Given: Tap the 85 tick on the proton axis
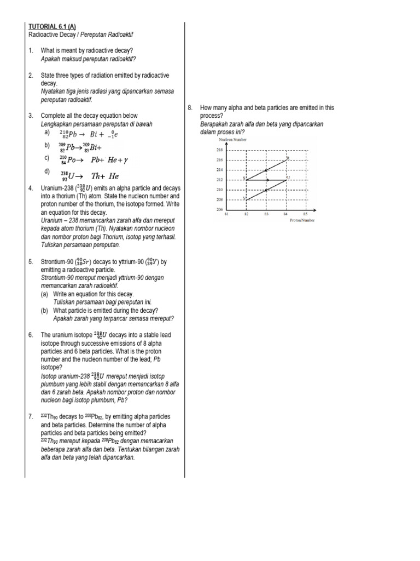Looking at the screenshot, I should coord(305,214).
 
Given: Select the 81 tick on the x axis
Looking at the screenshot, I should coord(226,214).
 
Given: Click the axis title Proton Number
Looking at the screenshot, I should coord(302,220).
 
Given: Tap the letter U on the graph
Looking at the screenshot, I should coord(288,178).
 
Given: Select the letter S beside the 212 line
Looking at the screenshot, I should coord(243,178).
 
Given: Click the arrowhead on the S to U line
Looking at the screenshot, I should coord(267,180).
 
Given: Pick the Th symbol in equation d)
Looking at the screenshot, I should coord(96,176).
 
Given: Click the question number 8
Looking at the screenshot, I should coord(189,108).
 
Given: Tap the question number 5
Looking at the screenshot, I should coord(31,262).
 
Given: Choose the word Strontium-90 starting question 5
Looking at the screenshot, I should coord(57,262).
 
